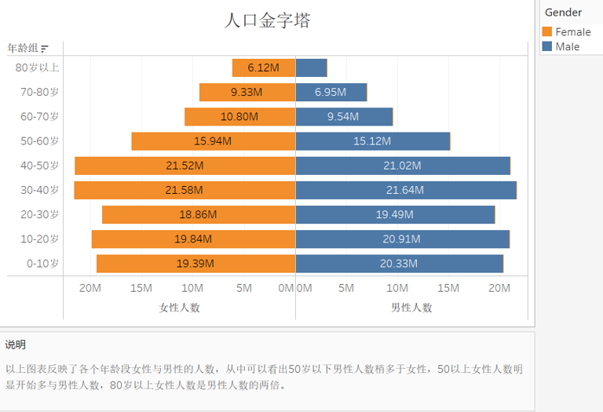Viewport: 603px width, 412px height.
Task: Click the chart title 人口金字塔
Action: tap(268, 20)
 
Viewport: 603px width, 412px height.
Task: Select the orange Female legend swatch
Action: tap(547, 32)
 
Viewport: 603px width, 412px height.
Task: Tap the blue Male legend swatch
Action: tap(547, 47)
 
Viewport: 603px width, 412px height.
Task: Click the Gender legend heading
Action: tap(563, 12)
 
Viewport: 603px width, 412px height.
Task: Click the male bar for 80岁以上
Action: tap(311, 67)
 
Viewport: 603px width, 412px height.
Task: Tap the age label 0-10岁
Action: tap(42, 264)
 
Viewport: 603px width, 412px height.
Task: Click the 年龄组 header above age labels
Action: tap(23, 48)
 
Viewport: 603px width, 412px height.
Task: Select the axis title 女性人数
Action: tap(179, 308)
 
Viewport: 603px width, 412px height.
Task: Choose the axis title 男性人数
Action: tap(411, 308)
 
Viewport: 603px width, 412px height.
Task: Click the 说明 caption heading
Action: tap(16, 345)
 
